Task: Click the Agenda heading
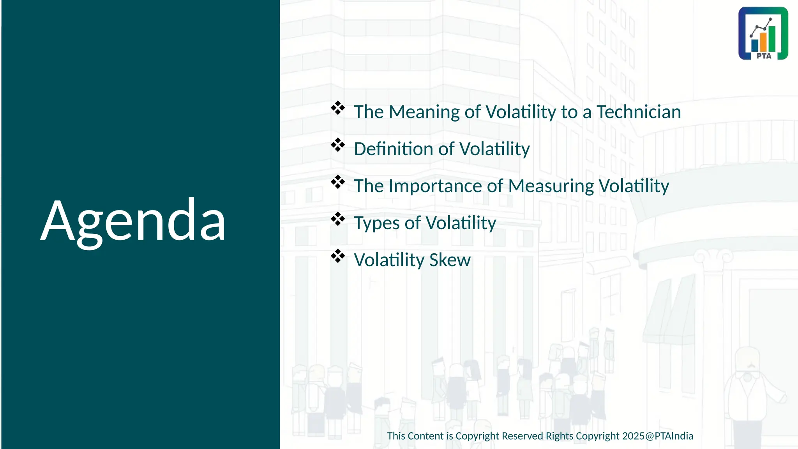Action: tap(133, 221)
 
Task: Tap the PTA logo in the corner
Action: tap(763, 33)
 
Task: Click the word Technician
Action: tap(639, 112)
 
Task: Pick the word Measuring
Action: tap(551, 186)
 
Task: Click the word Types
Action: tap(377, 223)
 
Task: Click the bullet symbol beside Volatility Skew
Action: tap(338, 256)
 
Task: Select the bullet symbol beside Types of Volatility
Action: tap(338, 219)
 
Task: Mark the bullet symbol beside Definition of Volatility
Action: tap(338, 145)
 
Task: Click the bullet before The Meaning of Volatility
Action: tap(338, 108)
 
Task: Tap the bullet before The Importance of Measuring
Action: tap(338, 182)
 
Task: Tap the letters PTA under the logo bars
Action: tap(764, 56)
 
